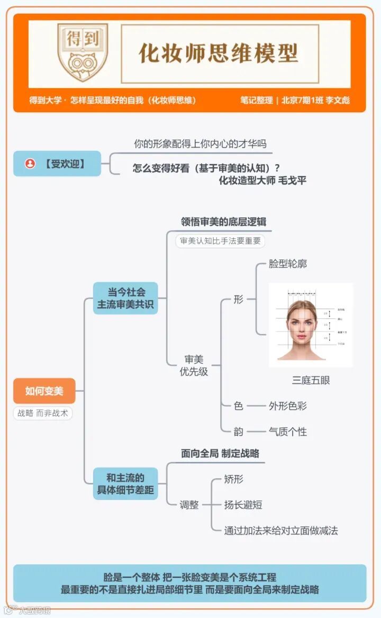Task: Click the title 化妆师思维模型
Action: (x=219, y=53)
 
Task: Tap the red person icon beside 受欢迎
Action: (x=30, y=164)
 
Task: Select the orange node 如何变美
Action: (x=44, y=391)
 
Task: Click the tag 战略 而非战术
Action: (x=43, y=413)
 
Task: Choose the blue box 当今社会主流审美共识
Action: (x=125, y=298)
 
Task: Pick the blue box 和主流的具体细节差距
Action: (x=125, y=483)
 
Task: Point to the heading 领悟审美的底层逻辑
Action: (x=223, y=221)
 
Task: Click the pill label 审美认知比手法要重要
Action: (x=220, y=241)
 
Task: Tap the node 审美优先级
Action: (x=194, y=365)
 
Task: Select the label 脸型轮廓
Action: (x=287, y=264)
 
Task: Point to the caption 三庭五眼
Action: (x=311, y=380)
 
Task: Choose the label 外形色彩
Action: (x=287, y=406)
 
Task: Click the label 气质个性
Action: (x=287, y=432)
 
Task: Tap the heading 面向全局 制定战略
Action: (x=220, y=453)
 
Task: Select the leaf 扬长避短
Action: (x=243, y=505)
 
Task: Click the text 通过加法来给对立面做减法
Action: (x=281, y=530)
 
